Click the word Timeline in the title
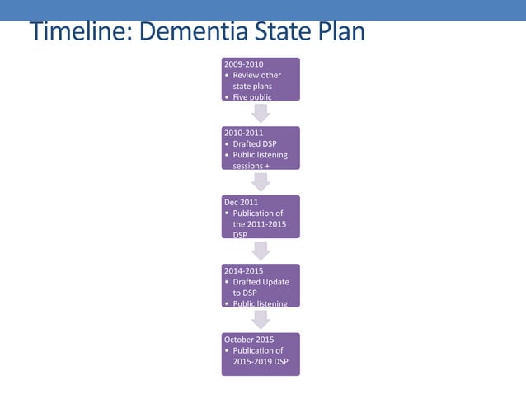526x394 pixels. [x=78, y=32]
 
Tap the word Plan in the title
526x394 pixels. [x=338, y=32]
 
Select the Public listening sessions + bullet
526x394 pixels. [x=260, y=160]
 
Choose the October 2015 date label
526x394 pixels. [x=249, y=339]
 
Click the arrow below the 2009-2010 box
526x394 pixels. [x=261, y=113]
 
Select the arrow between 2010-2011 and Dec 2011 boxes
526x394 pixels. [x=261, y=181]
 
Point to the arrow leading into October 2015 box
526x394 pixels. [x=261, y=319]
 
